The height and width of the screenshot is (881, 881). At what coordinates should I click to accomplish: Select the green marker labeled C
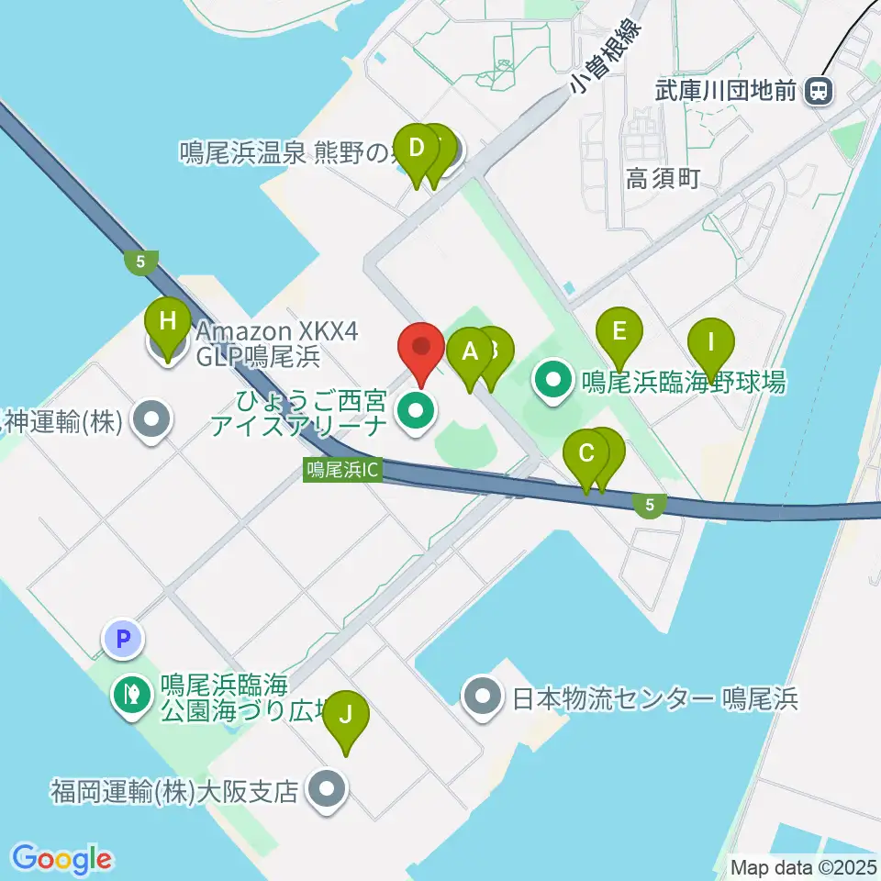[586, 453]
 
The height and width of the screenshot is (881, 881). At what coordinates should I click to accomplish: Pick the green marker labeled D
[418, 149]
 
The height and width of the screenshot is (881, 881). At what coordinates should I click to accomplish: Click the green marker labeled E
[619, 331]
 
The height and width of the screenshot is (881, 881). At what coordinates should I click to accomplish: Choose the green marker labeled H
[167, 323]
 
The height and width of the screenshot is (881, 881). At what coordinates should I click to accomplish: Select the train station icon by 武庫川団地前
[817, 91]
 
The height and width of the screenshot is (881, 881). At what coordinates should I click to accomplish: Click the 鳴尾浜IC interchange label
[341, 470]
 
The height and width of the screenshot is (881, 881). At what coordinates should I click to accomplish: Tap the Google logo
[62, 859]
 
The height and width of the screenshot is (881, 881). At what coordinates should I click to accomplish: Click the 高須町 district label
[662, 178]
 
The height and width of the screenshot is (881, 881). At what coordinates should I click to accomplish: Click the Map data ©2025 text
[804, 866]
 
